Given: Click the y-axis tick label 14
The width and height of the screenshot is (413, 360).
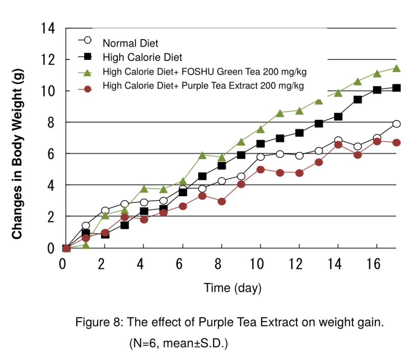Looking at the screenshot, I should (48, 29).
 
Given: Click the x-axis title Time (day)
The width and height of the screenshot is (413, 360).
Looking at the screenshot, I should (232, 288).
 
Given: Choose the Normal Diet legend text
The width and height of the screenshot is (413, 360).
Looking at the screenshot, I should (130, 43).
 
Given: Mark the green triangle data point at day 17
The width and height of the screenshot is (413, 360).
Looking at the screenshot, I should (397, 68).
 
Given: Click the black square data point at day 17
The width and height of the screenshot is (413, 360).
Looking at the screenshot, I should (397, 88).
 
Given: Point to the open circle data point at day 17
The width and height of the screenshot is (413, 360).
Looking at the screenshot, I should (397, 124).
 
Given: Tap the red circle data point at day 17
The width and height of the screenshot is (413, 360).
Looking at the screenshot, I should (397, 142).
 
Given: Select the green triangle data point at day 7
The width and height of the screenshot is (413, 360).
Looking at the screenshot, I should (202, 155).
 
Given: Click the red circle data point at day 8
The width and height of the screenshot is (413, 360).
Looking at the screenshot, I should (222, 201).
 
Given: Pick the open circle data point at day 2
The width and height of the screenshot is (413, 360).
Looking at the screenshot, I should (105, 211).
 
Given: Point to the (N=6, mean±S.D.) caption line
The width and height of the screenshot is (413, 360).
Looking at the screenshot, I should (178, 344).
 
